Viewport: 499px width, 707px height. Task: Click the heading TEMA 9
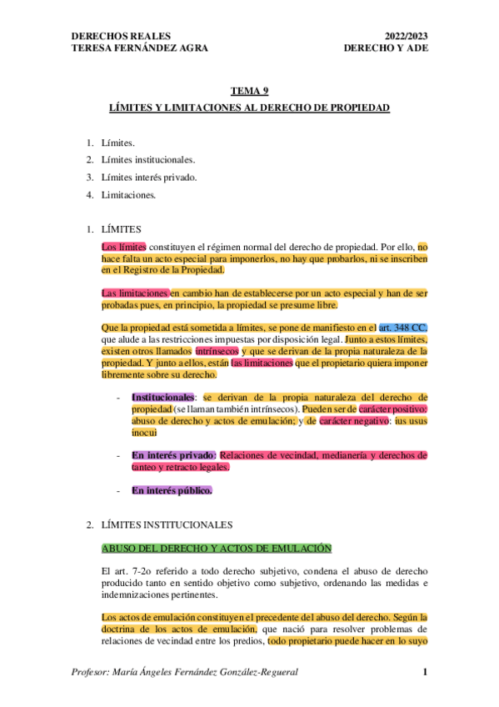click(249, 93)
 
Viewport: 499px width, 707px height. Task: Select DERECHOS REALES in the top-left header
click(122, 36)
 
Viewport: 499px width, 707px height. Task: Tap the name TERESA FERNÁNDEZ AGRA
click(140, 48)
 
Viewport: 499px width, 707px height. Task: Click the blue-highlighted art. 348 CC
click(403, 329)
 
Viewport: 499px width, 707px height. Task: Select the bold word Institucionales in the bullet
click(162, 396)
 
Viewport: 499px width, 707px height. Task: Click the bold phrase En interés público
click(172, 490)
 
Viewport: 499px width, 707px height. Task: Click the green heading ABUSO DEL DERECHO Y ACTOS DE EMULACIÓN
click(216, 548)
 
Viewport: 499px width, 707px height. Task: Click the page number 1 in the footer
click(425, 672)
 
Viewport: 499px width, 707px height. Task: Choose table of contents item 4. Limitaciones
click(127, 196)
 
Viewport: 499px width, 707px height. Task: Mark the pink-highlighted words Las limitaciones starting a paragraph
click(134, 293)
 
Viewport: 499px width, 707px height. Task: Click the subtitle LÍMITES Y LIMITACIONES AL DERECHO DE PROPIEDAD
click(250, 109)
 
